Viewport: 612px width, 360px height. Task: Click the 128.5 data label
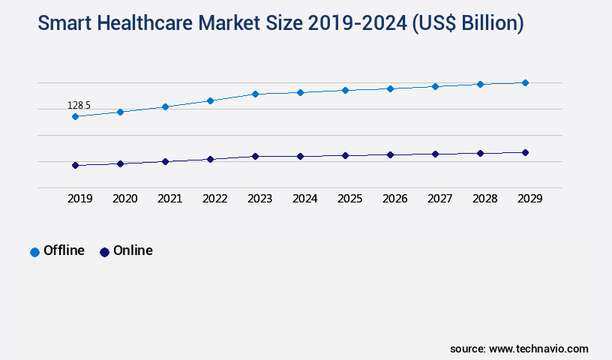(x=79, y=106)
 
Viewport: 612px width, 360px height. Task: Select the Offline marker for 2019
(x=75, y=117)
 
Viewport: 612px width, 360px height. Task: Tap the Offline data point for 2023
(x=255, y=94)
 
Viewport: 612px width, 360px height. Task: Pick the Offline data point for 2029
(x=525, y=82)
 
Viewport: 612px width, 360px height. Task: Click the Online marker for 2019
(x=75, y=165)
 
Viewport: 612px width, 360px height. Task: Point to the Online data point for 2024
(x=300, y=156)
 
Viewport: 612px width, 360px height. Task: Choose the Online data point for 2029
(x=525, y=152)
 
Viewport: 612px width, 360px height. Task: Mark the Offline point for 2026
(x=390, y=88)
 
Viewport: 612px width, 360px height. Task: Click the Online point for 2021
(x=165, y=161)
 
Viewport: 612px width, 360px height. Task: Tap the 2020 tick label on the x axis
(x=124, y=199)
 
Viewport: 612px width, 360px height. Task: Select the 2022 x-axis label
(x=214, y=199)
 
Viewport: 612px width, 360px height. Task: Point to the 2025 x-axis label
(x=349, y=199)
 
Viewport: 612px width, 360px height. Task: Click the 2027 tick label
(x=439, y=199)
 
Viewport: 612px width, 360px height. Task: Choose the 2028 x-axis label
(x=484, y=199)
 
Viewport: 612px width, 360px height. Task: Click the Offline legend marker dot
(x=34, y=252)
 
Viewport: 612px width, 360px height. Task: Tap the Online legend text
(x=133, y=250)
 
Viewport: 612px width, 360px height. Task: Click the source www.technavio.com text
(x=519, y=349)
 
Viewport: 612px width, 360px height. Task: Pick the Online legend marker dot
(x=104, y=252)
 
